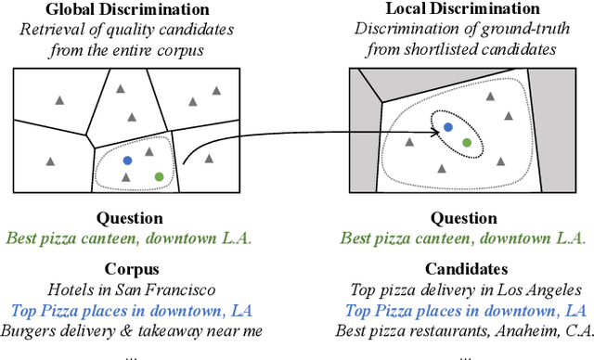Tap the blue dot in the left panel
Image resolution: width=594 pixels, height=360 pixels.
[x=127, y=161]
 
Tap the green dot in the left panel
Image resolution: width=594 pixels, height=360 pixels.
[x=159, y=176]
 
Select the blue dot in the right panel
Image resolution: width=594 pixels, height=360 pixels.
[x=447, y=127]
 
